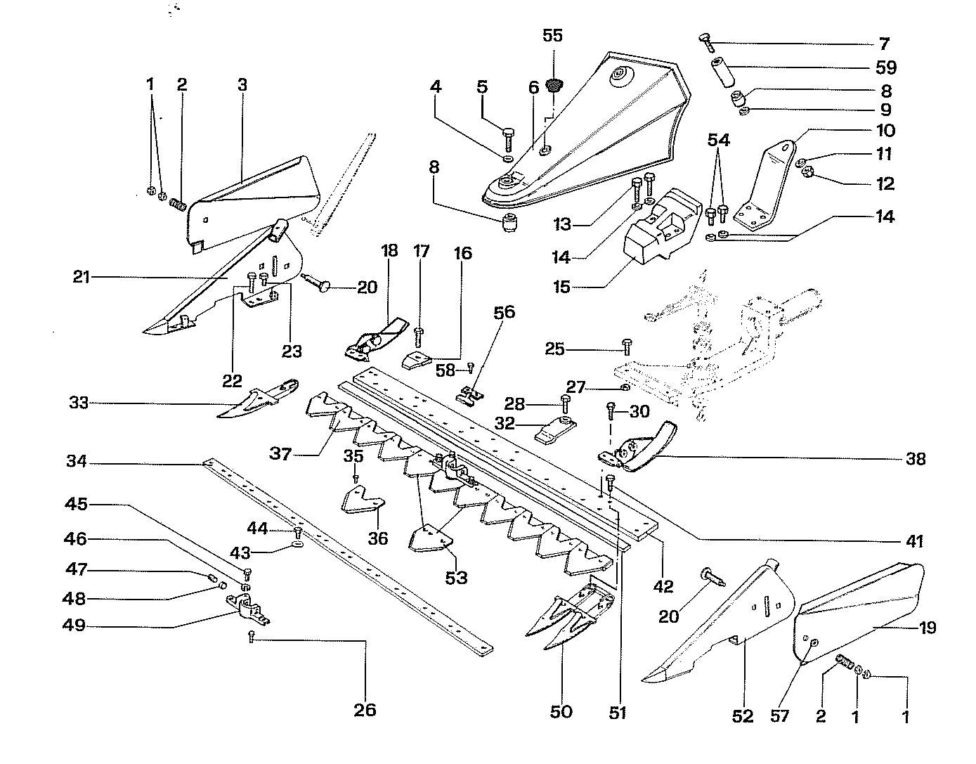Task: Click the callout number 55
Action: (552, 35)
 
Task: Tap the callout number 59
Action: (886, 67)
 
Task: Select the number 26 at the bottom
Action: (365, 710)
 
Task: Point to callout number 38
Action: (916, 458)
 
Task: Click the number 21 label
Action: (82, 277)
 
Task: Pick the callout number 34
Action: (77, 461)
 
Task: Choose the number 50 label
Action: (561, 711)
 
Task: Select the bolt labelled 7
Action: (706, 43)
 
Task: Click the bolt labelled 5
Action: (508, 138)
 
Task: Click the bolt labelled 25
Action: (627, 348)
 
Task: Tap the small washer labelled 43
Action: (297, 545)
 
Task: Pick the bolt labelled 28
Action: (565, 403)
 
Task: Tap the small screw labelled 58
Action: (470, 368)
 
